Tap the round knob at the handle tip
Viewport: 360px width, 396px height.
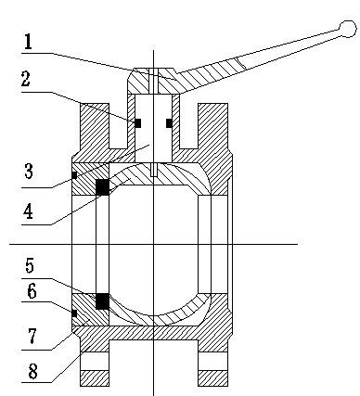click(x=347, y=31)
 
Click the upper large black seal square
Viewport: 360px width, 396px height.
click(x=102, y=186)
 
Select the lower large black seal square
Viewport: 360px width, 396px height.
click(x=102, y=301)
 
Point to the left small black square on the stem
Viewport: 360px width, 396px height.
click(x=137, y=122)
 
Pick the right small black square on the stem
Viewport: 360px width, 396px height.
click(x=168, y=122)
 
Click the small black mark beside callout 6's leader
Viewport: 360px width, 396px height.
click(x=73, y=313)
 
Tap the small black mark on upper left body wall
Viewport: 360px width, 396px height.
click(x=73, y=174)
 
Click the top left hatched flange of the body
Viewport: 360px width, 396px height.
click(x=96, y=128)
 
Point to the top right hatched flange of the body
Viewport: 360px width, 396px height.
click(x=212, y=128)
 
